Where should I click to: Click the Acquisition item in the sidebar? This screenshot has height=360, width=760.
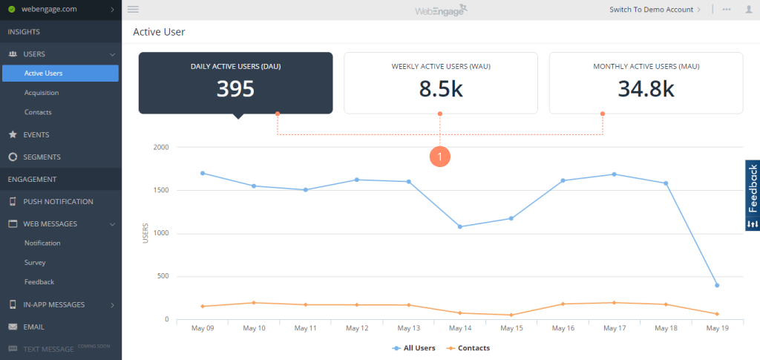click(42, 93)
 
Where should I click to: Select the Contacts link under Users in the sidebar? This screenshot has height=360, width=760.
click(38, 112)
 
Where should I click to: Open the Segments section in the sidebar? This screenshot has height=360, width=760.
click(42, 157)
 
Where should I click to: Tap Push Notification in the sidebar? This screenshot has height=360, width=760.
click(58, 202)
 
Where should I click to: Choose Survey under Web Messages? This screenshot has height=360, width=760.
click(35, 263)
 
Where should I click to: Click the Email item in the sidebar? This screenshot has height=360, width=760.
click(33, 327)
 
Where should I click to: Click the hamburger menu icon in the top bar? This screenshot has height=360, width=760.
click(134, 10)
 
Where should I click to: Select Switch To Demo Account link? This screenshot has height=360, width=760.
click(651, 10)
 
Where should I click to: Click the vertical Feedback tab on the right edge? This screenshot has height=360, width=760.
click(752, 195)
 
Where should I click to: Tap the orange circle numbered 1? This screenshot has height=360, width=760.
click(440, 157)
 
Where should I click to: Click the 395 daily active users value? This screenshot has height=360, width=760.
click(235, 89)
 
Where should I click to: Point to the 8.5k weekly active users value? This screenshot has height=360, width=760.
click(441, 89)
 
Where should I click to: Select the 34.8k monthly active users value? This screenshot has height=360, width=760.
click(646, 89)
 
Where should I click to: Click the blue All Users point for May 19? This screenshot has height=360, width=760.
click(717, 285)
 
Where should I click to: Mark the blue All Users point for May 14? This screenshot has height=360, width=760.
click(460, 226)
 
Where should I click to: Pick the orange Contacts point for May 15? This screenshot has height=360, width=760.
click(511, 315)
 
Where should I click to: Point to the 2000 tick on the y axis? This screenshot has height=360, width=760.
click(161, 147)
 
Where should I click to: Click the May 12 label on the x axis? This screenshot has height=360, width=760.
click(357, 328)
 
